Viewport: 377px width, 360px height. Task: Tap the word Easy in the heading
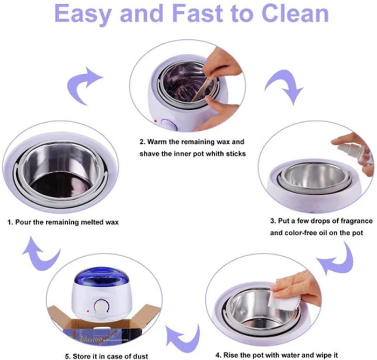[84, 15]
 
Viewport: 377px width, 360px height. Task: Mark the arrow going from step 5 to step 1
[40, 252]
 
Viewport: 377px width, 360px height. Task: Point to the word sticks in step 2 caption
[235, 154]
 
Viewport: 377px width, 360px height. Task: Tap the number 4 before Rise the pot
[218, 355]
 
